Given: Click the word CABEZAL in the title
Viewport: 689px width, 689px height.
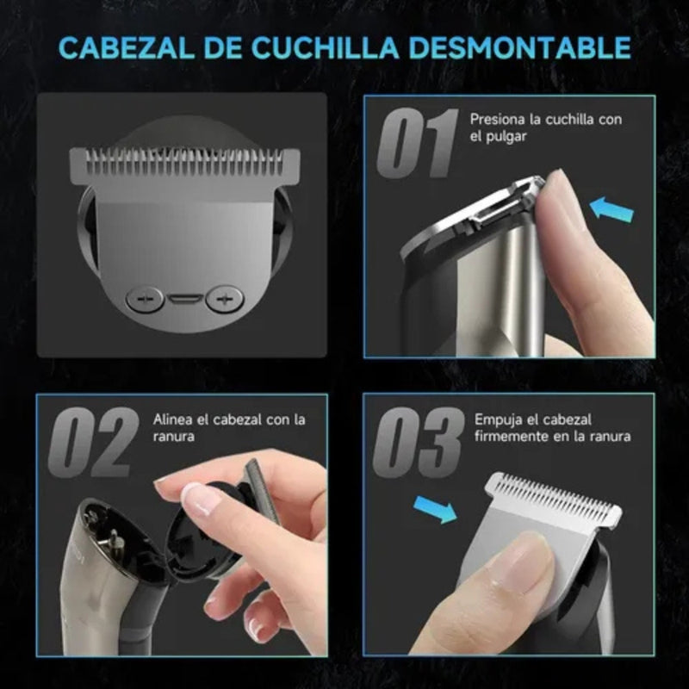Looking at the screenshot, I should (126, 47).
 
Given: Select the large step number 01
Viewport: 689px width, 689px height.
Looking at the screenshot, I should (418, 142).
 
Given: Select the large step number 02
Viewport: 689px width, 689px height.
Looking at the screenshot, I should (92, 442).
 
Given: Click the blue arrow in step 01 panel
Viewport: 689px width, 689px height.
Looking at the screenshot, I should (612, 208).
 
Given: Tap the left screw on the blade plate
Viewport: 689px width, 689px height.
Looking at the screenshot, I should (144, 299).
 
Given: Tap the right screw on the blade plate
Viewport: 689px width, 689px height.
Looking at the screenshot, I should (225, 299).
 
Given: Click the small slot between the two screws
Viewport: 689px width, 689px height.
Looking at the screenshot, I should (183, 300).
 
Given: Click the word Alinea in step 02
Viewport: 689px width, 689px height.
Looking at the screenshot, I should (171, 419).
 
